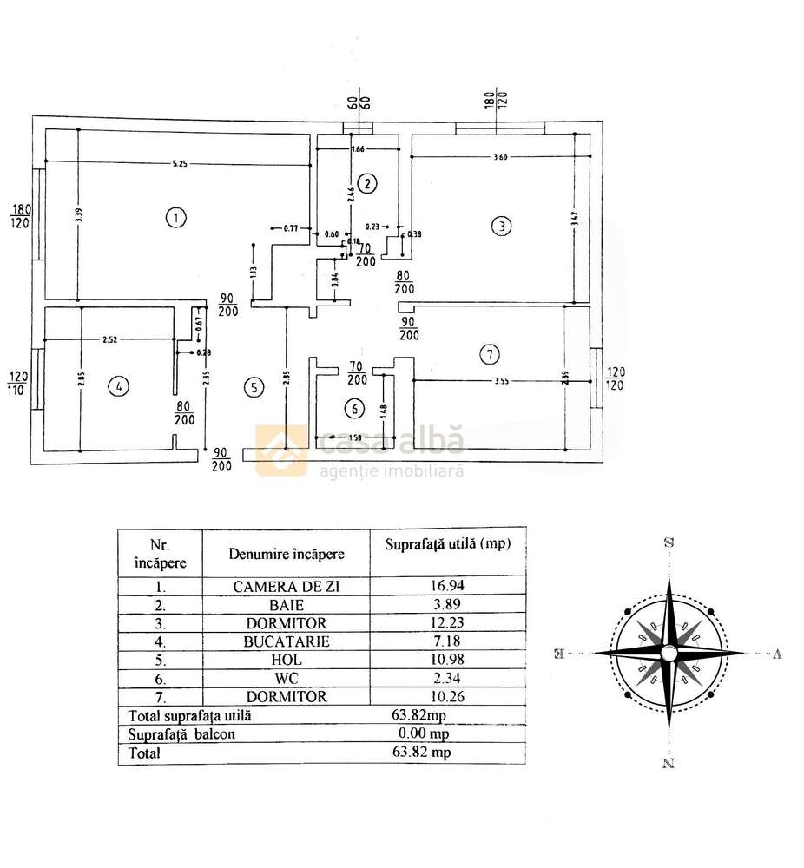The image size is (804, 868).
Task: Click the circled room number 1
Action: click(176, 217)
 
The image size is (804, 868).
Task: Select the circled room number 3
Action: click(501, 227)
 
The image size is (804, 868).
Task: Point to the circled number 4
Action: click(115, 387)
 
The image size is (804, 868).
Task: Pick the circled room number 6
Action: click(352, 407)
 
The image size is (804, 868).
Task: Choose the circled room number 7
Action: click(491, 353)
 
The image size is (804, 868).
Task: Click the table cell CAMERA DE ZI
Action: click(287, 587)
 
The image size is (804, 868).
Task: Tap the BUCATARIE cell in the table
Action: click(287, 641)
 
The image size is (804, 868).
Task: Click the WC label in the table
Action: click(287, 678)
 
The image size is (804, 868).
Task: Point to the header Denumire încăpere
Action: click(287, 553)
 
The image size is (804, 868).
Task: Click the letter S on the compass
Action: click(669, 542)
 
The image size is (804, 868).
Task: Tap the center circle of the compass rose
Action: click(669, 653)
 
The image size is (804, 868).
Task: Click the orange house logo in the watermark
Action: click(280, 450)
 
